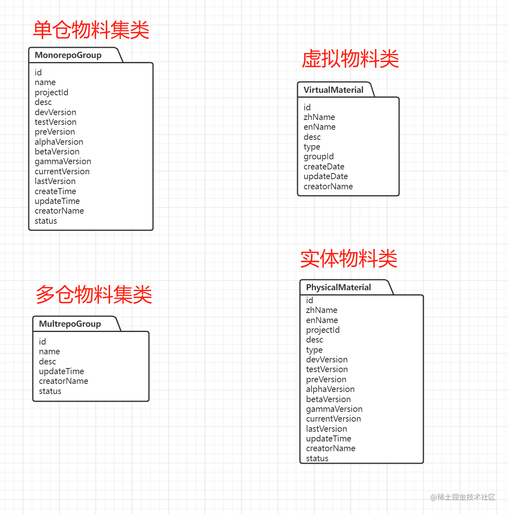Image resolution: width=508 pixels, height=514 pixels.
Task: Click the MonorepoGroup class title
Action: [68, 55]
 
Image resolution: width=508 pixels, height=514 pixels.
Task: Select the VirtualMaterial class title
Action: [333, 90]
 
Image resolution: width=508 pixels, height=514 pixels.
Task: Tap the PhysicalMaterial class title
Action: [338, 287]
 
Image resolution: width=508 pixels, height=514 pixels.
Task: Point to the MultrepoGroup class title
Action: [70, 324]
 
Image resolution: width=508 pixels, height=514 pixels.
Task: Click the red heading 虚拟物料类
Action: [350, 58]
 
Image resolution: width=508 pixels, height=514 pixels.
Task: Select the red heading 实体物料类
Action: [349, 258]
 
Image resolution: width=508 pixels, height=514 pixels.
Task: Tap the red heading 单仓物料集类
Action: [91, 30]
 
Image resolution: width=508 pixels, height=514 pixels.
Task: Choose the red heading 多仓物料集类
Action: [94, 294]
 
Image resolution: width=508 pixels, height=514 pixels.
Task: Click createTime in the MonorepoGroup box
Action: [55, 191]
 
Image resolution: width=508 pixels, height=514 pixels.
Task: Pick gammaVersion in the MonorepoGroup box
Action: [63, 162]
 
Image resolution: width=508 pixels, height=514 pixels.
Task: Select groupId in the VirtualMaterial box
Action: [319, 157]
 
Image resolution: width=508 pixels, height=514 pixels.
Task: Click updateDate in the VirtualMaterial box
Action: [326, 177]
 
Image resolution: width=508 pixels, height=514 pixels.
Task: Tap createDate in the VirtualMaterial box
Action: [324, 167]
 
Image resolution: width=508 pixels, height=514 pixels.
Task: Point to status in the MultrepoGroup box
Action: [50, 391]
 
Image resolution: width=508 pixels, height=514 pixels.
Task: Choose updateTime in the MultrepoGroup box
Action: [62, 372]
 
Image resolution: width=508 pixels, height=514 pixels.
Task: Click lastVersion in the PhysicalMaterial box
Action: [327, 429]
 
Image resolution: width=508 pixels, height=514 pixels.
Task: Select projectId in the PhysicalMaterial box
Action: [323, 330]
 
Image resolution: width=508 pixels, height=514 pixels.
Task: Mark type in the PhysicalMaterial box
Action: [315, 350]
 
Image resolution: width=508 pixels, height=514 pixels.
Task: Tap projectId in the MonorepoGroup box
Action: [51, 92]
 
